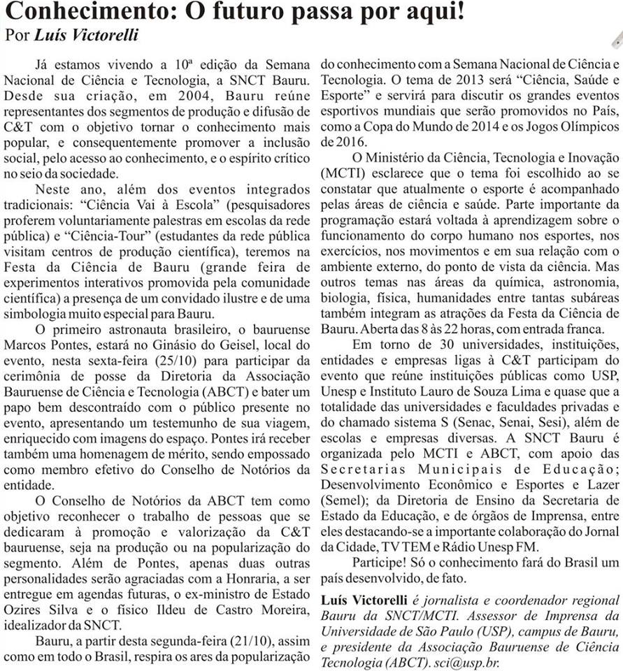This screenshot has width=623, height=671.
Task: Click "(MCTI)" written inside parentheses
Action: click(341, 171)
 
